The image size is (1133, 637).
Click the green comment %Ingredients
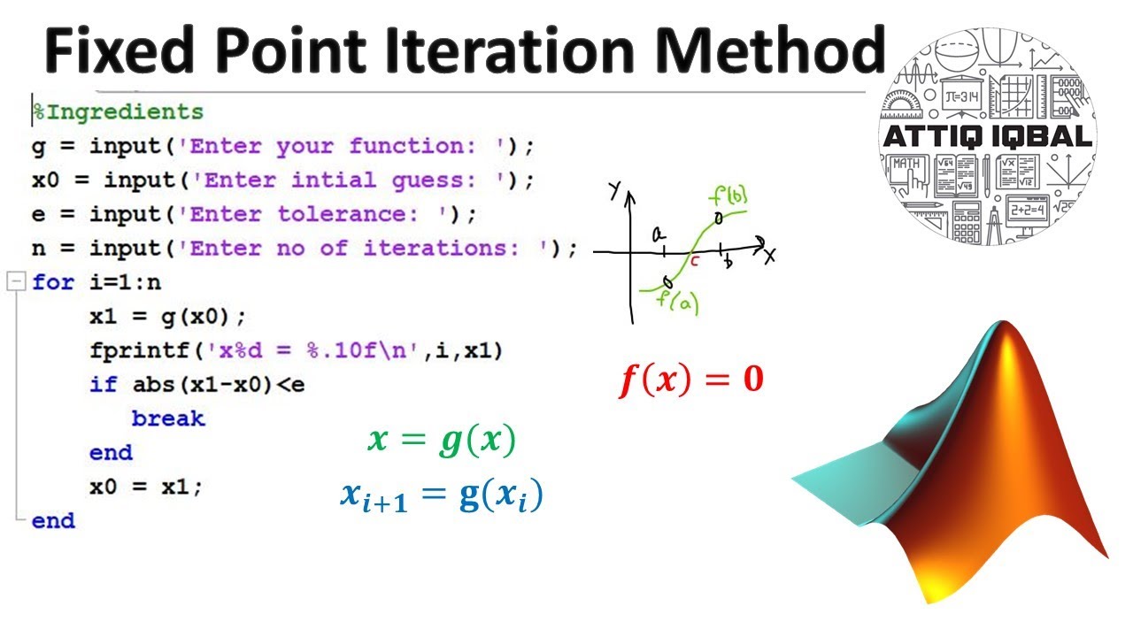(x=119, y=112)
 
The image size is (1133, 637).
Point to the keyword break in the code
(x=168, y=418)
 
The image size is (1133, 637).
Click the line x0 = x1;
(x=146, y=487)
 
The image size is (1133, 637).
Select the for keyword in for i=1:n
(x=54, y=283)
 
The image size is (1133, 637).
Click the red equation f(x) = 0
(x=690, y=380)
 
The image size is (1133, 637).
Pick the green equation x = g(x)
(x=441, y=441)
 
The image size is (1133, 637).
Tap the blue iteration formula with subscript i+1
(x=441, y=495)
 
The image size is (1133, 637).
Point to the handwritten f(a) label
(x=678, y=303)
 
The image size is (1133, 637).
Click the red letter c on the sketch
(x=695, y=262)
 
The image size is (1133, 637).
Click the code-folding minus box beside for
(x=14, y=282)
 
